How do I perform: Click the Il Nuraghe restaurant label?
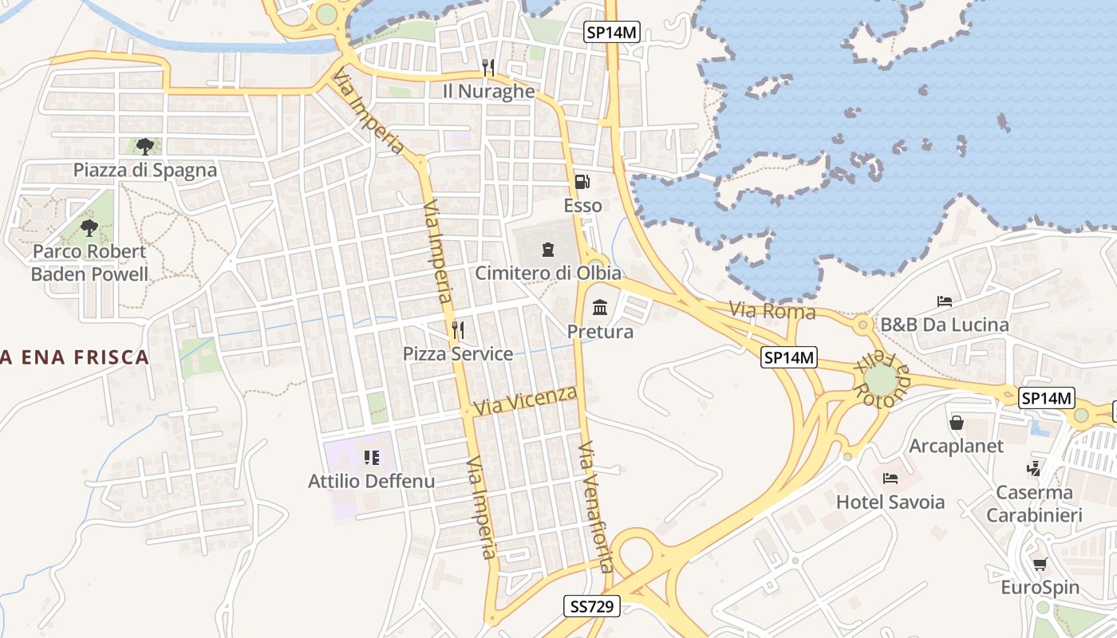pos(488,91)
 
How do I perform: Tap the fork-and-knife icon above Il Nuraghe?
pos(488,67)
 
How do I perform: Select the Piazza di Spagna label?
pos(145,170)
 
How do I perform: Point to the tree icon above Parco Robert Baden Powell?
pos(89,228)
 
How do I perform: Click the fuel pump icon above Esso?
pos(582,182)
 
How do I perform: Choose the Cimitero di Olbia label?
pos(548,273)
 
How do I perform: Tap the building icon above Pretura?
pos(600,307)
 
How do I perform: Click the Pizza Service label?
pos(458,353)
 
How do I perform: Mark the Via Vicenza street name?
pos(525,400)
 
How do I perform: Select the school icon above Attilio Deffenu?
pos(372,458)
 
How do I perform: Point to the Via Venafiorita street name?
pos(596,506)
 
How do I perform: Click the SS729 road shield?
pos(592,606)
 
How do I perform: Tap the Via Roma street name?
pos(772,310)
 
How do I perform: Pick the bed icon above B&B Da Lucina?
pos(945,301)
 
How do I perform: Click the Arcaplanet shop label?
pos(956,446)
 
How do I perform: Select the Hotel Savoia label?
pos(890,502)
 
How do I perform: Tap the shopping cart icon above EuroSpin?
pos(1040,565)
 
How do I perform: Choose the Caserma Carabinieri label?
pos(1034,504)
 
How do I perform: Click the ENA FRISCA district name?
pos(76,356)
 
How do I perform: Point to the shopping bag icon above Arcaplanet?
pos(956,423)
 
